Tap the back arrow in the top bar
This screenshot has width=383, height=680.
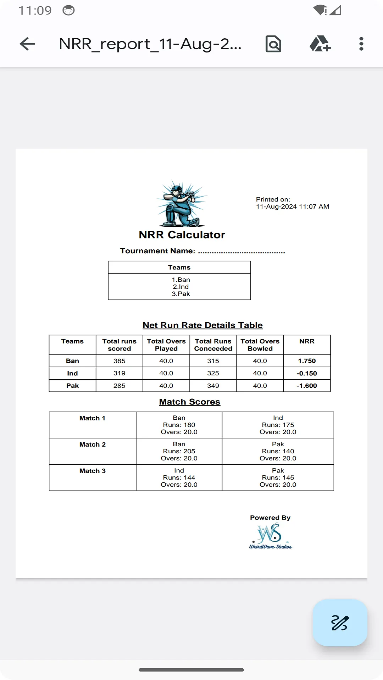(x=27, y=44)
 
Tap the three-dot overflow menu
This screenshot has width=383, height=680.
(x=361, y=44)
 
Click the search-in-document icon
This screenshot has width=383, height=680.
(x=273, y=44)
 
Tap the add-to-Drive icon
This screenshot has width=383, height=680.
(x=320, y=44)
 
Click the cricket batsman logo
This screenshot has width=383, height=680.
(x=182, y=204)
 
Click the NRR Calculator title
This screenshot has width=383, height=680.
(x=182, y=235)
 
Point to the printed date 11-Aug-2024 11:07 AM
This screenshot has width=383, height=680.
(x=293, y=206)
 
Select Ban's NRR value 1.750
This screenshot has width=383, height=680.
(x=307, y=361)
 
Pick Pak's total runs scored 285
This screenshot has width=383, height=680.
(x=119, y=386)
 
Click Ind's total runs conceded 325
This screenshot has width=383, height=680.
(x=213, y=373)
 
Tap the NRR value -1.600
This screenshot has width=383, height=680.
(x=307, y=386)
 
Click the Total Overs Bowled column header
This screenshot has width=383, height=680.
(x=260, y=345)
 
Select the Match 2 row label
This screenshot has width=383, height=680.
(x=93, y=444)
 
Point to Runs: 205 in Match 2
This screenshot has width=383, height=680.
(x=179, y=451)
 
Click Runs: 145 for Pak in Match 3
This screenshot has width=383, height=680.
(x=278, y=477)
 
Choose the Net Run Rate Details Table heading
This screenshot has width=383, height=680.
(x=202, y=325)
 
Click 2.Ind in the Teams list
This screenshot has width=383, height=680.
(x=181, y=287)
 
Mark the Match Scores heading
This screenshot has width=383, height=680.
(x=190, y=402)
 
